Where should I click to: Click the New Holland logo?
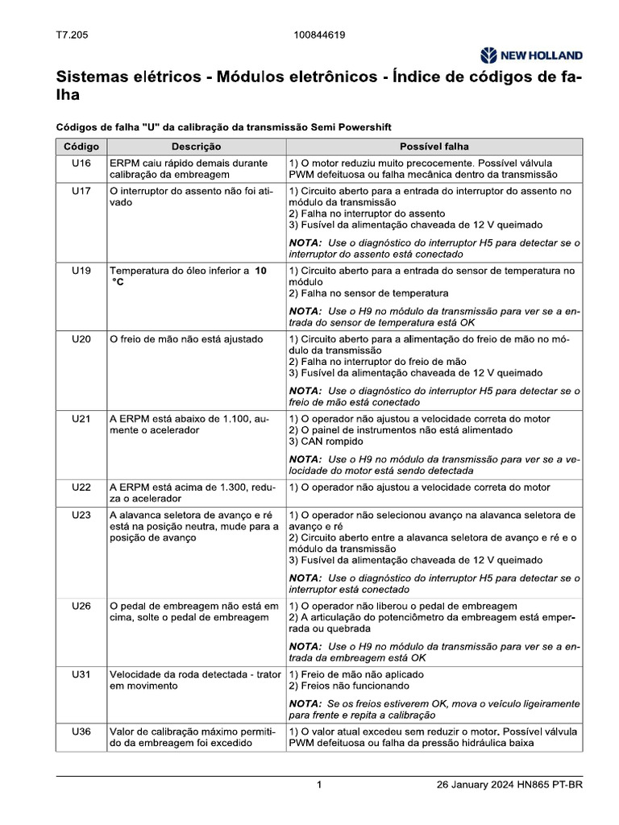coord(530,56)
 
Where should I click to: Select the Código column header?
coord(81,147)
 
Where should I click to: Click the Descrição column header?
coord(196,147)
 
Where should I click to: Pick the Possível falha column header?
coord(434,147)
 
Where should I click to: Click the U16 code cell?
coord(81,163)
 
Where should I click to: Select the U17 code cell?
coord(81,191)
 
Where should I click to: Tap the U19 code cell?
coord(81,271)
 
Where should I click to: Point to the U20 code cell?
coord(81,339)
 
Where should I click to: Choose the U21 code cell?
coord(81,419)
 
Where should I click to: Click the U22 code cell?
coord(81,487)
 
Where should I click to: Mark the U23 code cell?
coord(81,515)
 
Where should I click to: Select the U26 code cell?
coord(81,606)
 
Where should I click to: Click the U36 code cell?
coord(81,732)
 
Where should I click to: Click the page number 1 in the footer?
coord(319,786)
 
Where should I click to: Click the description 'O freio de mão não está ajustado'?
coord(186,339)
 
